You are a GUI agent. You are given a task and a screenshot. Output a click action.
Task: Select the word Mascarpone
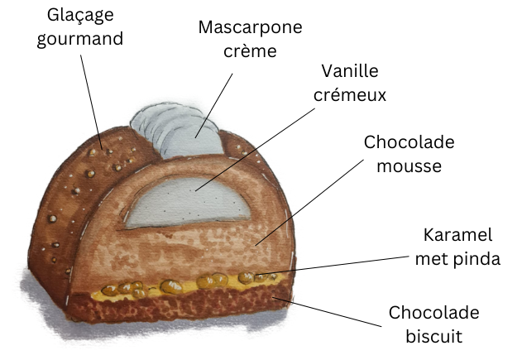click(249, 27)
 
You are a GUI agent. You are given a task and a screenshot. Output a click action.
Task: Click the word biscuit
click(433, 336)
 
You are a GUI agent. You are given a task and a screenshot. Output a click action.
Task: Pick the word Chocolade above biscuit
click(433, 314)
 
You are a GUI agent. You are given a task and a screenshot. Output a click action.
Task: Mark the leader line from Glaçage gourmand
click(93, 99)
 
